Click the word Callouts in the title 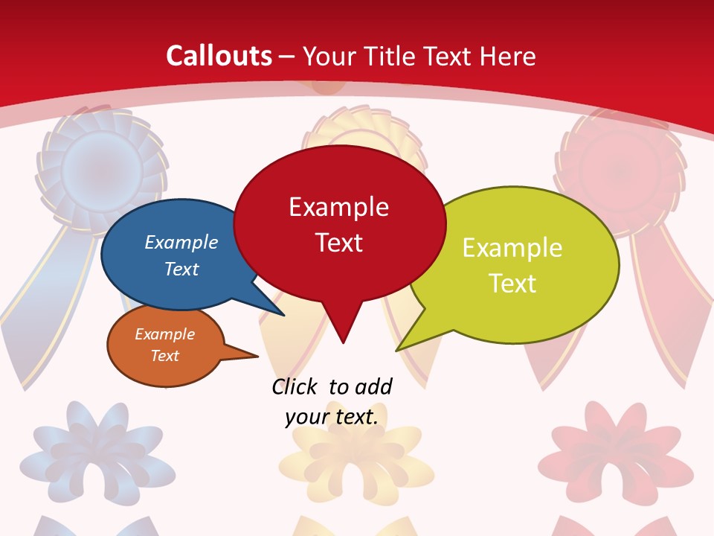[x=219, y=56]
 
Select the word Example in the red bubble [x=338, y=206]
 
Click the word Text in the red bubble [x=338, y=242]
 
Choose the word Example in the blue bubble [x=181, y=242]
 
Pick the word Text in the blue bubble [x=181, y=269]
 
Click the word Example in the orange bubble [x=164, y=334]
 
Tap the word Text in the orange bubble [x=164, y=356]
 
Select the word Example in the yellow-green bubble [x=512, y=247]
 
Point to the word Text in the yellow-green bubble [x=512, y=283]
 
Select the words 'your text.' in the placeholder [x=331, y=417]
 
